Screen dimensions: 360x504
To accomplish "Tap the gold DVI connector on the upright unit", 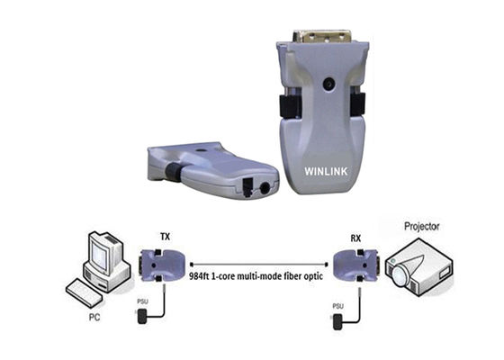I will pos(321,40).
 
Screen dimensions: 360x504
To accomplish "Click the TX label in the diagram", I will pos(165,237).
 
